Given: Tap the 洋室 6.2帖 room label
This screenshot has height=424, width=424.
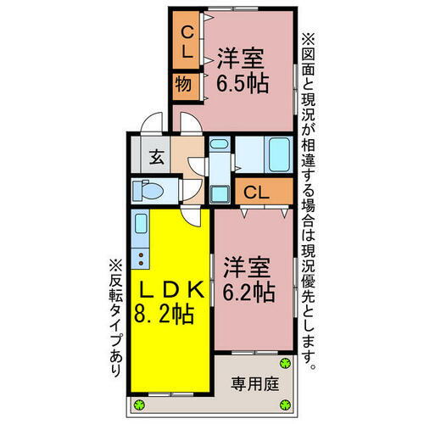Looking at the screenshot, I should [x=248, y=280].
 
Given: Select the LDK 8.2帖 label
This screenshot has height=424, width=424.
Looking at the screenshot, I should [x=170, y=301].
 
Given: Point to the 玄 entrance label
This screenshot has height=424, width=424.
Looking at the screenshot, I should [x=157, y=156].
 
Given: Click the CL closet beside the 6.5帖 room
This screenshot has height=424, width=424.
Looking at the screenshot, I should [x=187, y=41].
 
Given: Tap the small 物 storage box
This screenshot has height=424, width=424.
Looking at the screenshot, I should [x=183, y=84].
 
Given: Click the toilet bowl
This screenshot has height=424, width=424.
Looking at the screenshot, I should [x=149, y=190].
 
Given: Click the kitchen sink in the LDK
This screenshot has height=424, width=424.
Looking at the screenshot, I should [x=141, y=226].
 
